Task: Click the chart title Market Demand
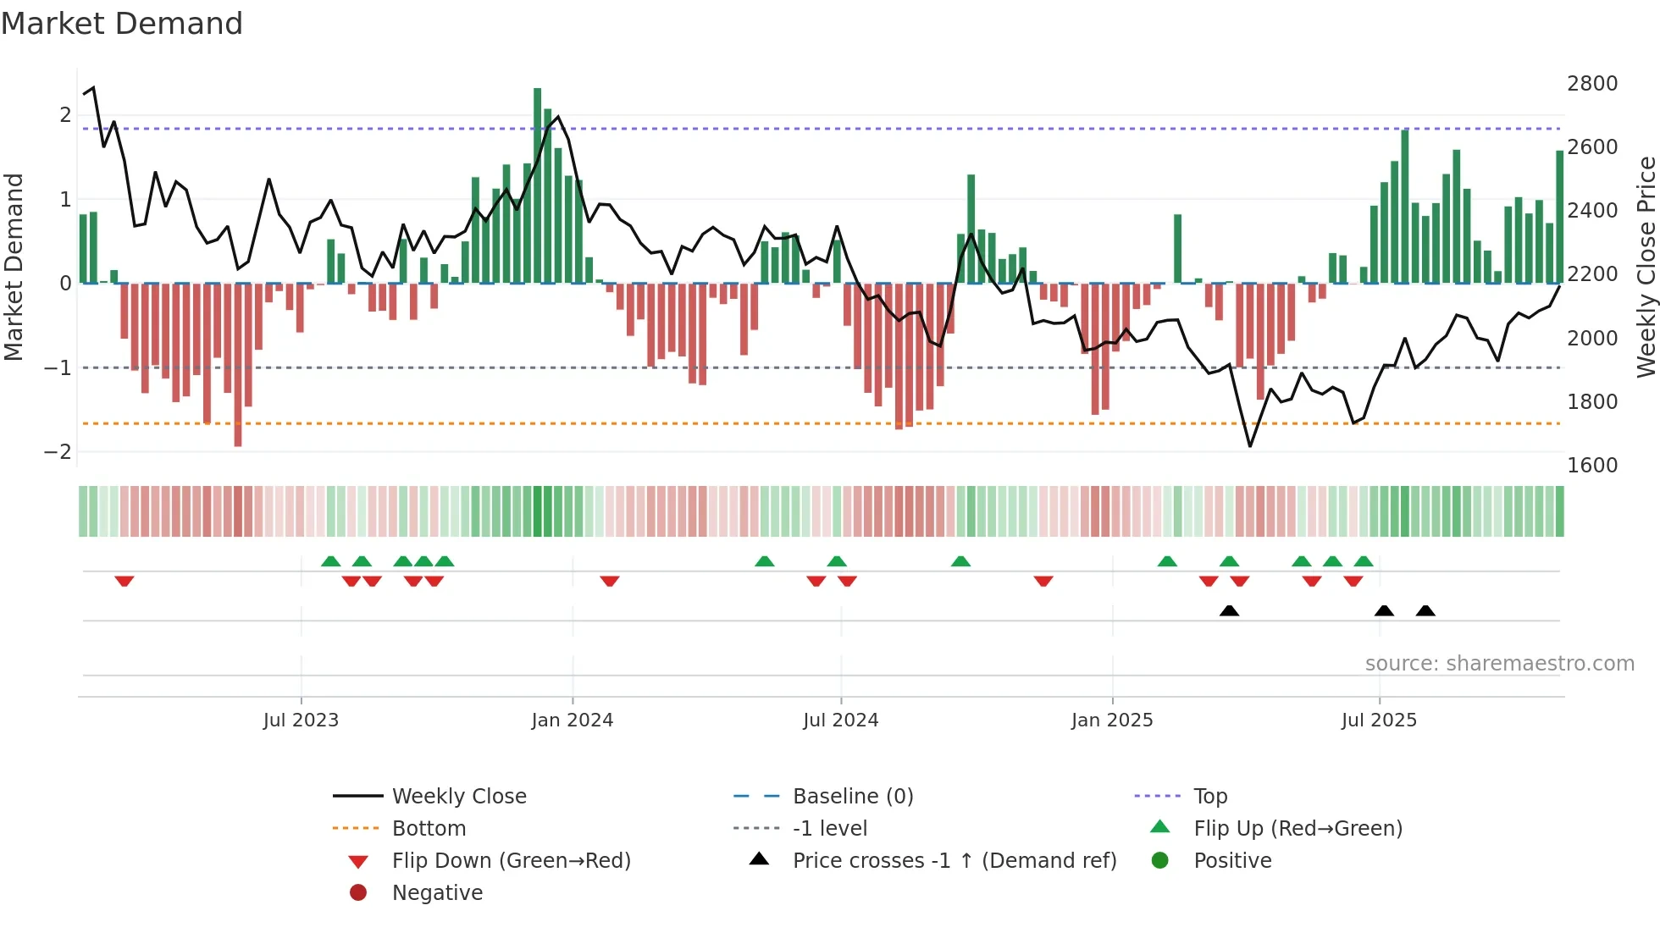[x=122, y=24]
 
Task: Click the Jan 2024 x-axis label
[x=572, y=720]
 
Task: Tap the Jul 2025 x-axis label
[x=1378, y=720]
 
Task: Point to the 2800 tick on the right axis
[x=1591, y=84]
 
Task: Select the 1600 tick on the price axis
[x=1591, y=466]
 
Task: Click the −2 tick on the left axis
[x=58, y=452]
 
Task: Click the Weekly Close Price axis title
[x=1646, y=267]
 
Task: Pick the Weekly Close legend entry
[x=458, y=797]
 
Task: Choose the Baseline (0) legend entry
[x=852, y=797]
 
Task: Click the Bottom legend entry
[x=429, y=829]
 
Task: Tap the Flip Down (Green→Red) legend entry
[x=511, y=861]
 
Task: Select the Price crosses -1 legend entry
[x=954, y=861]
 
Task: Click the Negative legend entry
[x=437, y=893]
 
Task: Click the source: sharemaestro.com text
[x=1499, y=664]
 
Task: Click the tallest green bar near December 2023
[x=537, y=186]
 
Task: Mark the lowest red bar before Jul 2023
[x=238, y=364]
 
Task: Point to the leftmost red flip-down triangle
[x=125, y=581]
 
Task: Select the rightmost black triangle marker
[x=1425, y=611]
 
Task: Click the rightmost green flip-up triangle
[x=1364, y=561]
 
